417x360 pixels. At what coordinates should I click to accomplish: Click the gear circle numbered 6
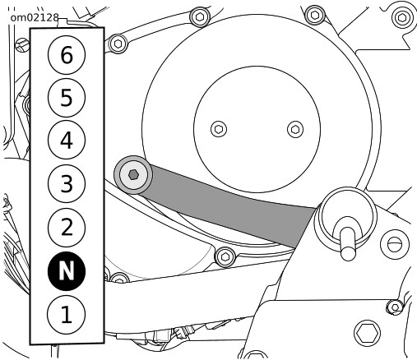pos(67,55)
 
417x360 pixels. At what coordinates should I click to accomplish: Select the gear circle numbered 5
pos(67,98)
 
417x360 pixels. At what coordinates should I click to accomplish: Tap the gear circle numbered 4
pos(67,140)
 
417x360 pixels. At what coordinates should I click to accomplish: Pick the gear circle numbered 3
pos(67,183)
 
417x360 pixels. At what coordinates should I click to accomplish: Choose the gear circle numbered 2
pos(67,228)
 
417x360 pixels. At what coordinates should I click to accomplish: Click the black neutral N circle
pos(67,271)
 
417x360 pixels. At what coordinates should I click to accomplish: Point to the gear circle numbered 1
pos(67,315)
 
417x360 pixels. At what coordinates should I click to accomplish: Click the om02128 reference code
pos(35,17)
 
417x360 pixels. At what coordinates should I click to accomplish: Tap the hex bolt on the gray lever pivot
pos(133,174)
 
